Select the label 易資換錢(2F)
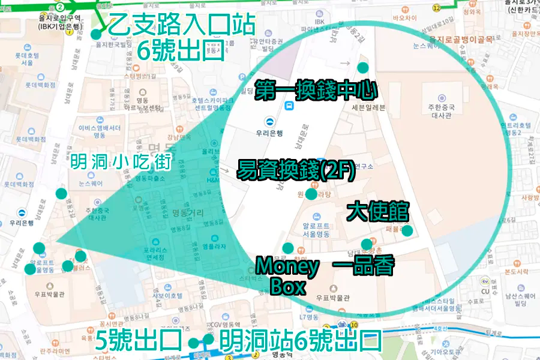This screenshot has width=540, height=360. click(296, 169)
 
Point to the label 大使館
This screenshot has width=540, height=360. click(378, 211)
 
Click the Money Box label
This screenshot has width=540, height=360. click(287, 275)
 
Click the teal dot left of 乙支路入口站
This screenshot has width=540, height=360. click(96, 34)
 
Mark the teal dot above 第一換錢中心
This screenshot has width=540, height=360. click(362, 67)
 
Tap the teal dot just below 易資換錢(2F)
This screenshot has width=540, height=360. click(311, 194)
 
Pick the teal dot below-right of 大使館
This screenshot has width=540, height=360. click(407, 230)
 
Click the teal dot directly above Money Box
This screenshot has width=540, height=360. click(288, 248)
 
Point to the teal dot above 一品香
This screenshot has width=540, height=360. click(366, 244)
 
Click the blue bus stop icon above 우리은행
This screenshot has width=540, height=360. click(289, 106)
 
